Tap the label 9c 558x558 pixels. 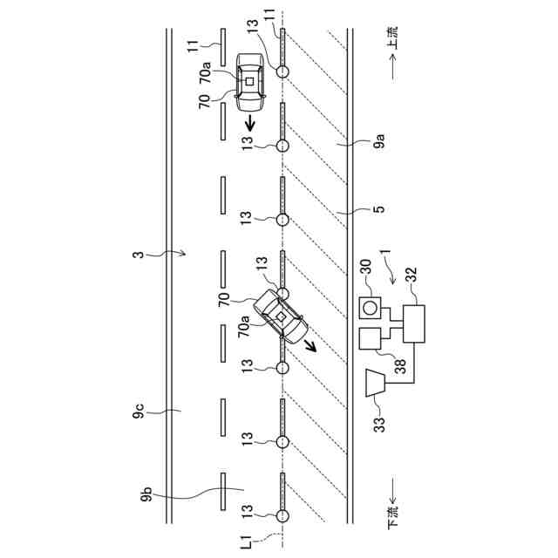139,410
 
